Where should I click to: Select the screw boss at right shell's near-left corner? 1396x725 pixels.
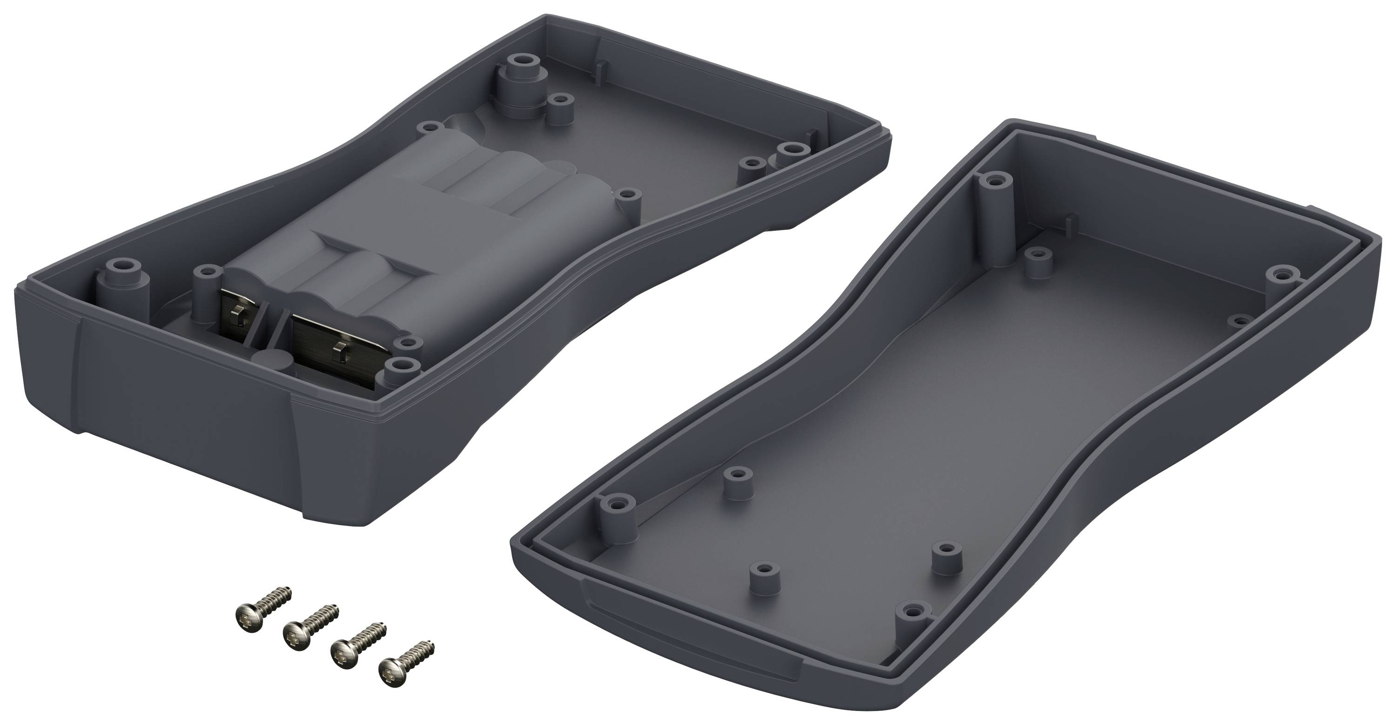click(x=617, y=520)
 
